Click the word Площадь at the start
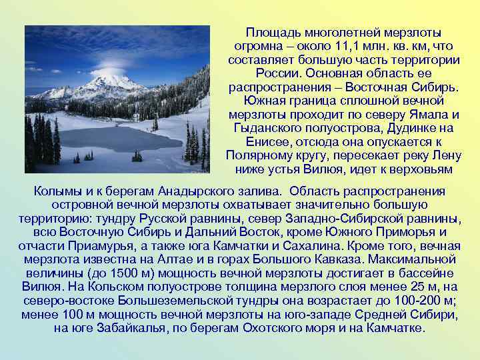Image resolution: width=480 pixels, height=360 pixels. tap(269, 33)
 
